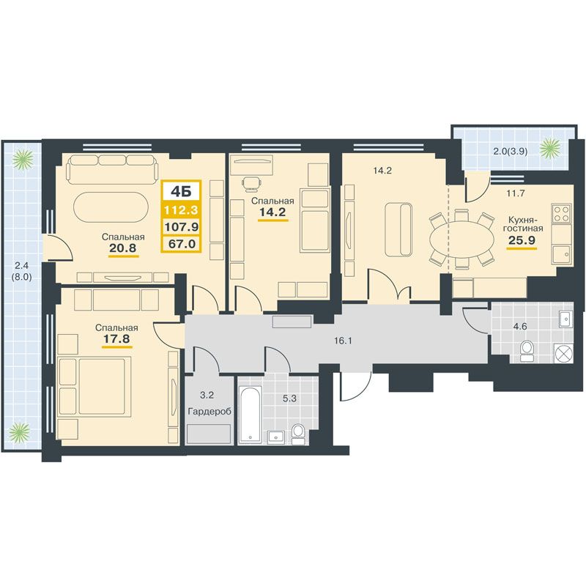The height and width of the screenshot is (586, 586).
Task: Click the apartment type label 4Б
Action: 181,192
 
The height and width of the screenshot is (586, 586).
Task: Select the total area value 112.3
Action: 181,209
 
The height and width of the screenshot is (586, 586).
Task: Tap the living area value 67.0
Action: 182,244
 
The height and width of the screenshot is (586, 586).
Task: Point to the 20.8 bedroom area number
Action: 123,248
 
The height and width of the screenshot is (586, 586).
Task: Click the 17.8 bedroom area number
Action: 116,338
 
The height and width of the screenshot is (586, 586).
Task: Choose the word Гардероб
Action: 209,412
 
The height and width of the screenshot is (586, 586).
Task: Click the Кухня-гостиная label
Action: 522,223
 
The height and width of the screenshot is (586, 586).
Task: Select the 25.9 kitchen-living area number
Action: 522,240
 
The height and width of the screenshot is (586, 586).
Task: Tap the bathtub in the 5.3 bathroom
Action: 250,415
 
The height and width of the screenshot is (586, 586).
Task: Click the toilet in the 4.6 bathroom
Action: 527,351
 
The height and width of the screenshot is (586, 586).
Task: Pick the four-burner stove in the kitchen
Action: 561,213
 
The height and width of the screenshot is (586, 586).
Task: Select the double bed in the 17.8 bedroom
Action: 94,386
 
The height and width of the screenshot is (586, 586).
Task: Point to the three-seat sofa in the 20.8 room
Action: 111,169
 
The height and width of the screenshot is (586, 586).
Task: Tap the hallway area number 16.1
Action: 343,341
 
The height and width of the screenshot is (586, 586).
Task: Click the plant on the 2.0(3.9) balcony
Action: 551,147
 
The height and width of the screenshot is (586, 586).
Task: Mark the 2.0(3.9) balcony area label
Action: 510,152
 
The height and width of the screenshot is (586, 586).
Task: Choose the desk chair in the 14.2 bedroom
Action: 252,184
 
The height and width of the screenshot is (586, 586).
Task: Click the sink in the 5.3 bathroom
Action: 276,436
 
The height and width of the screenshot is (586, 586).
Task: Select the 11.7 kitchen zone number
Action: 516,193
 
